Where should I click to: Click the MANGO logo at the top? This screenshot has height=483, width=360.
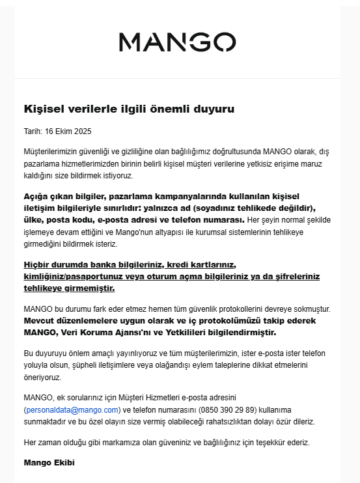[x=177, y=42]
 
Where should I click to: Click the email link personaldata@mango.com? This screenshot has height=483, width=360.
[x=72, y=409]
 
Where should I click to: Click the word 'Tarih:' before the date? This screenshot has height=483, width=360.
[x=33, y=131]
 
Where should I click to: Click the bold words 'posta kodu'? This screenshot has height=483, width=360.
[x=70, y=219]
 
